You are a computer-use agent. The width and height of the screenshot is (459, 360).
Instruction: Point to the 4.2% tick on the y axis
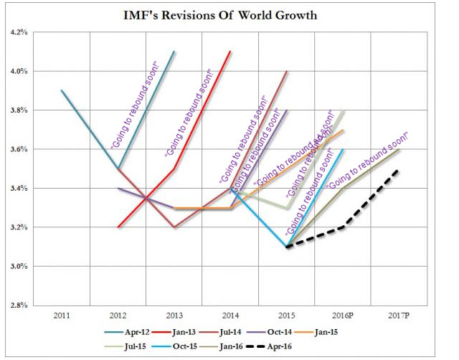[x=16, y=32]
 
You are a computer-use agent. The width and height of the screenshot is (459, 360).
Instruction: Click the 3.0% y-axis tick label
[x=16, y=267]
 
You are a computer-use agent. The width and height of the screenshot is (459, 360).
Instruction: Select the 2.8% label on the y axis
[x=16, y=305]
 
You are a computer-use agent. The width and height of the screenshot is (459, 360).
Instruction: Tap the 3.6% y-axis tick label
[x=16, y=149]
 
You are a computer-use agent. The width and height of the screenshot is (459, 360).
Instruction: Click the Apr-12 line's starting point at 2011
[x=62, y=91]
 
